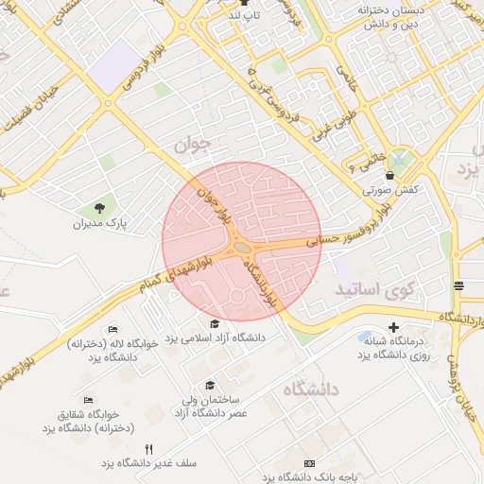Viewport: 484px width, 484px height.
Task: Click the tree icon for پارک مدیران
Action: coord(100,207)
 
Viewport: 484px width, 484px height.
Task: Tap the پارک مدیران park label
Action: coord(100,225)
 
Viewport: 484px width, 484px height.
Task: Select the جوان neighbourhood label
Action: coord(197,144)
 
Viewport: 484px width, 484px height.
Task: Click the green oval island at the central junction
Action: coord(243,249)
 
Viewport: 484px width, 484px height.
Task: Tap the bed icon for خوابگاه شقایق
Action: coord(89,401)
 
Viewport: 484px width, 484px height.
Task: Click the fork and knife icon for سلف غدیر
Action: coord(147,449)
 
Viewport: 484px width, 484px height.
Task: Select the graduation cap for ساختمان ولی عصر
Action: coord(210,385)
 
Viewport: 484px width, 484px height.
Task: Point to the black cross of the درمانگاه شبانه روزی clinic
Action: coord(394,327)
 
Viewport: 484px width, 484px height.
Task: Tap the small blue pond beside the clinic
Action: coord(367,337)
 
